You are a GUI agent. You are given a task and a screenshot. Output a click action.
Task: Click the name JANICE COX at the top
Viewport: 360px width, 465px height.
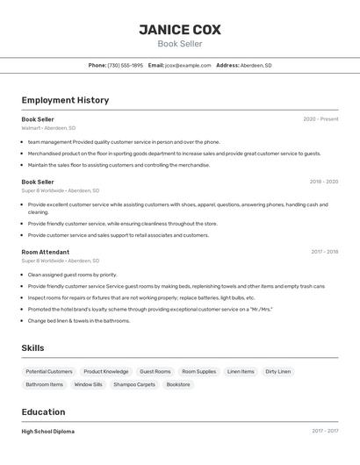point(179,30)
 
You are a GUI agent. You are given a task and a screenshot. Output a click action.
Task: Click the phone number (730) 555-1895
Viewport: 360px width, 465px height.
point(125,65)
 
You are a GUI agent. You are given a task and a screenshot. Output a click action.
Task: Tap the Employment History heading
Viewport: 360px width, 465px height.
point(65,100)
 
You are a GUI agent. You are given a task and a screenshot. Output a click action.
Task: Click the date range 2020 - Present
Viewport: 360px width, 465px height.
point(320,119)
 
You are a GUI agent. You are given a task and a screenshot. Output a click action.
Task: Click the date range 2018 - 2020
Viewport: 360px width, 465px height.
point(323,182)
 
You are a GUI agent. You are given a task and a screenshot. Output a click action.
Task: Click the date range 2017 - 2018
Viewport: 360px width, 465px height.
point(324,252)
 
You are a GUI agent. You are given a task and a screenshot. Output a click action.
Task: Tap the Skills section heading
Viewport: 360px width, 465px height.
point(32,348)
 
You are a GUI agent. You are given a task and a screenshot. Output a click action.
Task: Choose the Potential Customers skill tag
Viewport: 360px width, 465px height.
point(49,371)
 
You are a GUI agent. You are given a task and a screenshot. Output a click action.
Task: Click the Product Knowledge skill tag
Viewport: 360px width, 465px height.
point(106,371)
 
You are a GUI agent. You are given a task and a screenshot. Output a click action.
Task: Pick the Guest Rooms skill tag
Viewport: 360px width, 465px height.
point(155,371)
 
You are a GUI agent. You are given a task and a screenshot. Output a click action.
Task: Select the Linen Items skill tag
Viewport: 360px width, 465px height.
point(241,371)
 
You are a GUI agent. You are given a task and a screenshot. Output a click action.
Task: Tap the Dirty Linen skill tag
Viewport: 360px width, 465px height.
point(277,371)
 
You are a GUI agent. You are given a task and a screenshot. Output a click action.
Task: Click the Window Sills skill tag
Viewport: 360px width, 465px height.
point(88,384)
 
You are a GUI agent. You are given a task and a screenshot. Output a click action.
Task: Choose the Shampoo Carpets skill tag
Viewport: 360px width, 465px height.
point(134,384)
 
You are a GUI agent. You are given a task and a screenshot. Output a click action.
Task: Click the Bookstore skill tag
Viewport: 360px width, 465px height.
point(178,384)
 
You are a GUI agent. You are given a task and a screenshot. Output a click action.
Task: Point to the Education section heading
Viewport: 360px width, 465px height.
point(43,411)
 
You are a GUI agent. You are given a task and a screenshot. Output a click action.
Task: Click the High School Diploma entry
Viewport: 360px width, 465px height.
point(47,432)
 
